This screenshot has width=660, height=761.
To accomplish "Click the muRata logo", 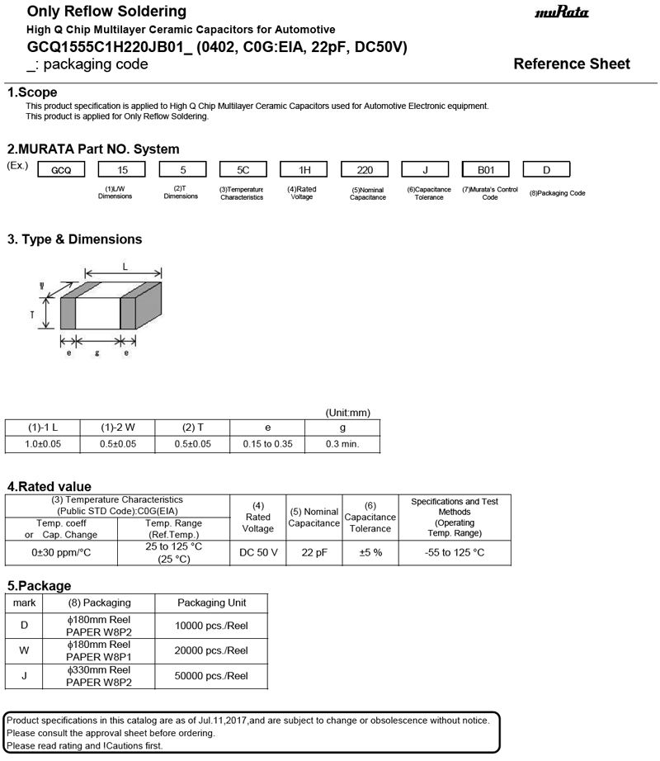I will [562, 13].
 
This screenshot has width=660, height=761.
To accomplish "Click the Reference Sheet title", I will [571, 64].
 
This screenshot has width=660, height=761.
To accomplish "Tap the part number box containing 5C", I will [243, 171].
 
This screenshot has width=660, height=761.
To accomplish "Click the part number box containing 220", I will [365, 171].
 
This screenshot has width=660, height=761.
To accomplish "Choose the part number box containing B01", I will [485, 171].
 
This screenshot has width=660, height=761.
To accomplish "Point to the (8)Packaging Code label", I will [558, 193].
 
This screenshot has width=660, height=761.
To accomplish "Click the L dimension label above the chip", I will [125, 267].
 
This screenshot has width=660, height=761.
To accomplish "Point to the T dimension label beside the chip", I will [32, 314].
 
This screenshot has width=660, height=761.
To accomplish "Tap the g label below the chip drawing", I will [97, 353].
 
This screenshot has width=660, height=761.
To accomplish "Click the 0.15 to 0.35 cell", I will [267, 444].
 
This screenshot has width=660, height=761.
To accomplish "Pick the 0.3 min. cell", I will [342, 444].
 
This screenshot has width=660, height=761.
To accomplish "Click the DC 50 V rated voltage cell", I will [258, 552].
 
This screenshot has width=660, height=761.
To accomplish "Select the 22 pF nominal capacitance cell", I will [313, 552].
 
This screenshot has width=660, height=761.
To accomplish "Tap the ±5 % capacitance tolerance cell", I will [370, 552].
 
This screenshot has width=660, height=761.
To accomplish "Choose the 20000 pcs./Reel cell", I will [211, 650].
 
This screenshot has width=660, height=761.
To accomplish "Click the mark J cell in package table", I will [24, 676].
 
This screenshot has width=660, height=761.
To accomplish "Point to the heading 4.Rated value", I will [49, 487].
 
